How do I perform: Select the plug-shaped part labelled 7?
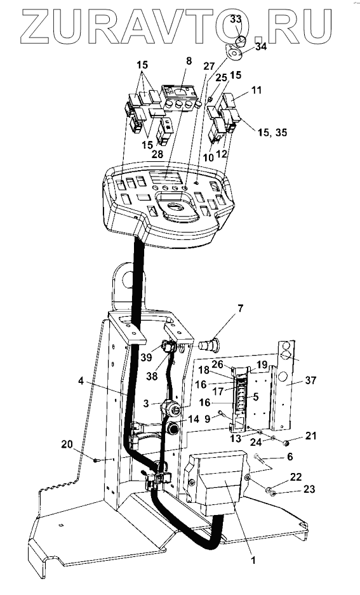point(208,345)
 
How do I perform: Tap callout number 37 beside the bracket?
point(310,380)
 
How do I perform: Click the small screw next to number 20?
point(96,460)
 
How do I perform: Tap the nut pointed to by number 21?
point(286,442)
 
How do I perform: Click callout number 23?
point(309,489)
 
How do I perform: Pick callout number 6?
point(290,457)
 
